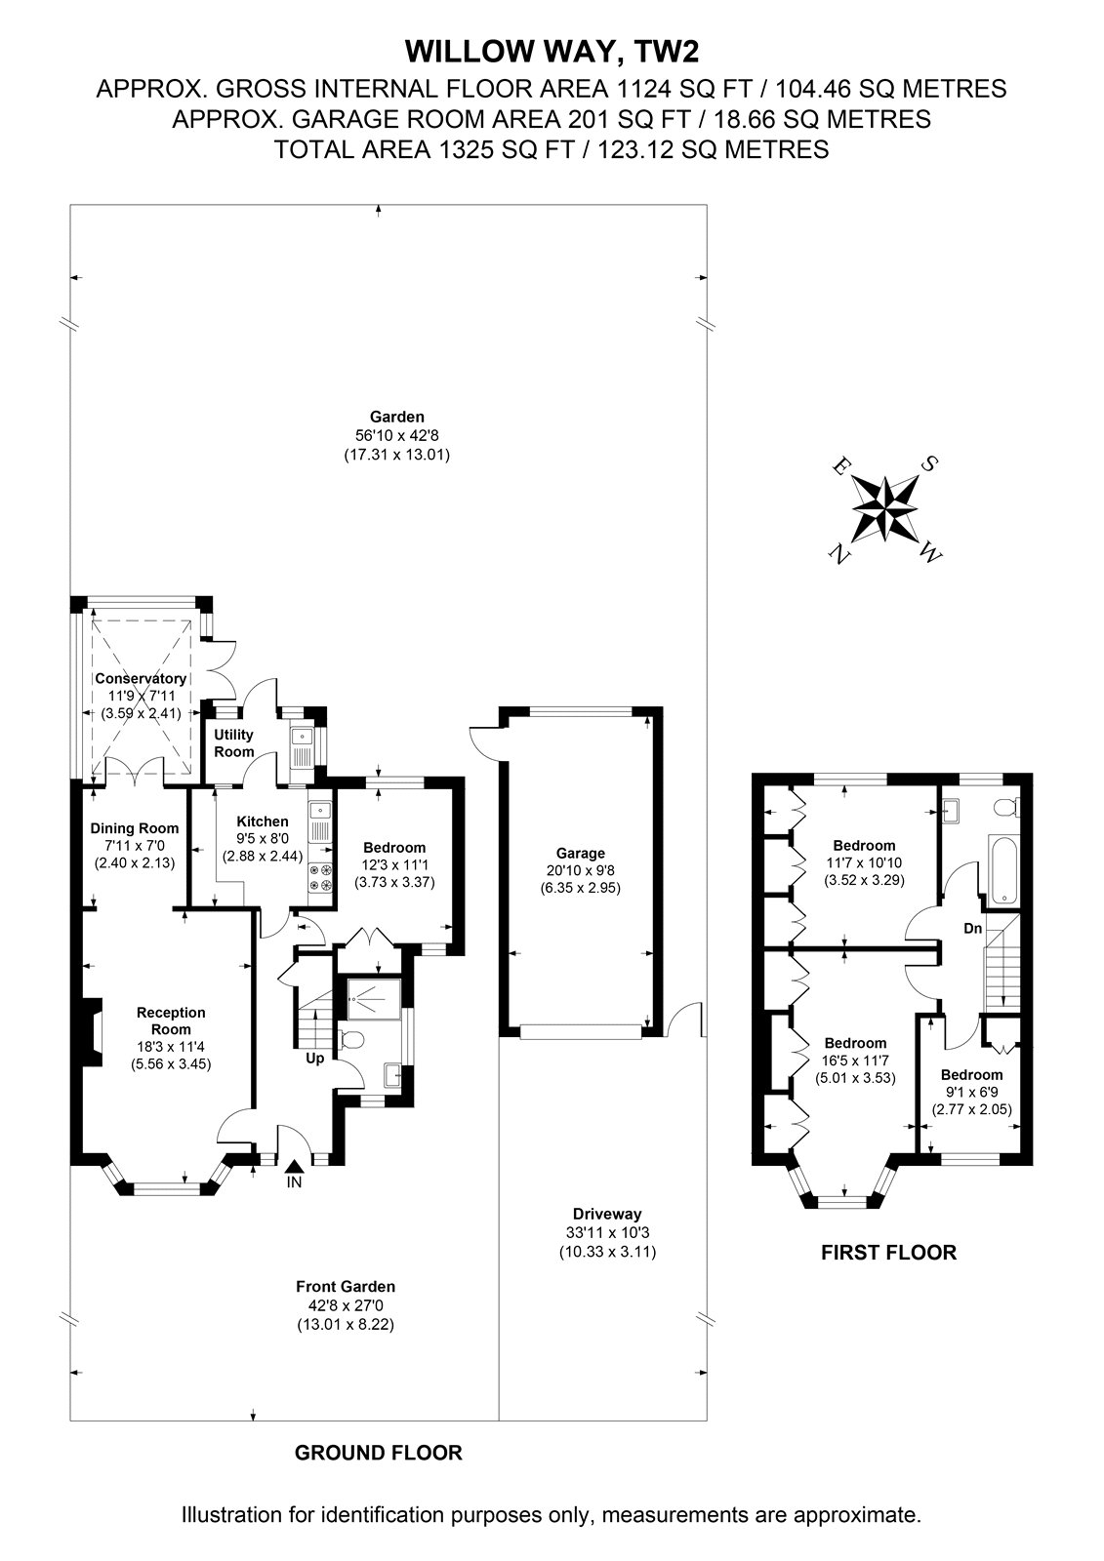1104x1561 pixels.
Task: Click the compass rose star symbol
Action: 885,508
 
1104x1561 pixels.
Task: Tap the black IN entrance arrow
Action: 295,1165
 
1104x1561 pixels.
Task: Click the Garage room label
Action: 580,853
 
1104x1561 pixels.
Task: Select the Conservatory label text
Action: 141,678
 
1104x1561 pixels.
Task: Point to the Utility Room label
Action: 233,742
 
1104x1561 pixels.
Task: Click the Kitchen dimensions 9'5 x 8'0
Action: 263,839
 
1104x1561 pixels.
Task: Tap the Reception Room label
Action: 171,1021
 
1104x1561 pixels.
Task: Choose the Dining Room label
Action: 135,828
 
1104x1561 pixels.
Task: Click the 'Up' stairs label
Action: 315,1059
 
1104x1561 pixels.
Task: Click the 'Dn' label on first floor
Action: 973,928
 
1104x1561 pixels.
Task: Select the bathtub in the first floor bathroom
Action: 1002,867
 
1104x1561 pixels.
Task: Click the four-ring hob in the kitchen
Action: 320,877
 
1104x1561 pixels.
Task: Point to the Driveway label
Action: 607,1214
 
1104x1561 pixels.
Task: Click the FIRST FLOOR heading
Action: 888,1253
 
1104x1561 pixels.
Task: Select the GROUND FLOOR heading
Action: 378,1453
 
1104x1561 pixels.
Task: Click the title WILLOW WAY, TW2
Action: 552,52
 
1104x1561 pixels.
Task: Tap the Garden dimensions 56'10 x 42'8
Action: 397,435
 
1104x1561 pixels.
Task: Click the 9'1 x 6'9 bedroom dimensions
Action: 971,1092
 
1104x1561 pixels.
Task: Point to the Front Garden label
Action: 346,1287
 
